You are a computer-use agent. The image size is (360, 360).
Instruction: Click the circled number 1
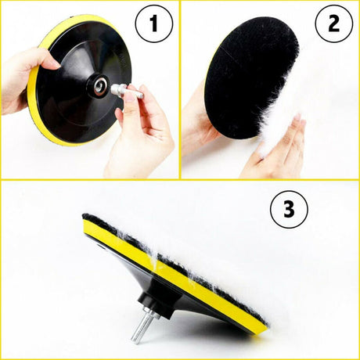coord(154,23)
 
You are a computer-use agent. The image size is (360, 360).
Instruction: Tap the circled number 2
coord(333,23)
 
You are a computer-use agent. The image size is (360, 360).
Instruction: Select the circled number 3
coord(289,209)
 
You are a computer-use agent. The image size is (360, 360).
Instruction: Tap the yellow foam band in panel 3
coord(172,276)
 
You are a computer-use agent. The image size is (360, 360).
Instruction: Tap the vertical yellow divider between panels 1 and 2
coord(180,90)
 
